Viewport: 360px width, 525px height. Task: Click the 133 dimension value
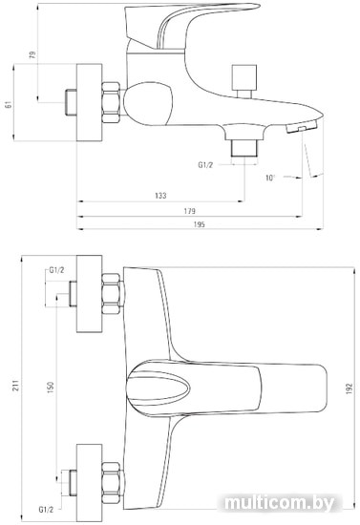click(160, 195)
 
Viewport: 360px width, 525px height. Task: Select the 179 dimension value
click(189, 211)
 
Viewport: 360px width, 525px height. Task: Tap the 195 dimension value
click(199, 224)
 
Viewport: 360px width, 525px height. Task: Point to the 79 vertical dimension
click(32, 55)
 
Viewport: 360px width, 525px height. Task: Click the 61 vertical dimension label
click(9, 104)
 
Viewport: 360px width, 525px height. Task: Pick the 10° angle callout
click(270, 178)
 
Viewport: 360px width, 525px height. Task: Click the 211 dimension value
click(16, 385)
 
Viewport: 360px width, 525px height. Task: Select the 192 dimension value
click(349, 388)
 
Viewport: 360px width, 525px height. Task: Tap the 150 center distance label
click(51, 388)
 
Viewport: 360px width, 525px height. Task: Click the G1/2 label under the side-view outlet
click(205, 165)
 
